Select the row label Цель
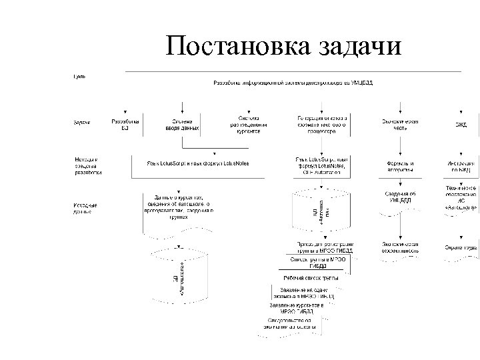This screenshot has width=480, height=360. (x=79, y=77)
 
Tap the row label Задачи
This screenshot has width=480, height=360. (x=82, y=123)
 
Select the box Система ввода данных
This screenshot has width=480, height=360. (x=183, y=125)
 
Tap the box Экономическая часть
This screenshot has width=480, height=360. (x=399, y=125)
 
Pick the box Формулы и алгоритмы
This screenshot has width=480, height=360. (x=400, y=166)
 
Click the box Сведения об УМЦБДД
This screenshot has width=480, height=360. (x=400, y=197)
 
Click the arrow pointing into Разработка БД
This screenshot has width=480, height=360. (x=124, y=111)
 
